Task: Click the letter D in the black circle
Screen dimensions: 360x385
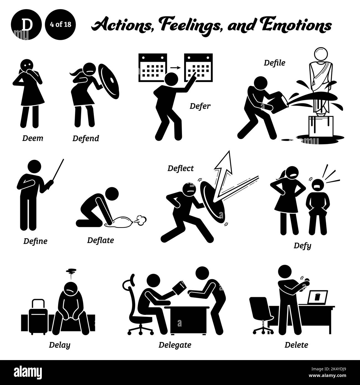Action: [x=26, y=25]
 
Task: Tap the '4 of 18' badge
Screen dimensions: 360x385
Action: [x=60, y=25]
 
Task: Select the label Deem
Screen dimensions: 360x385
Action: [x=33, y=138]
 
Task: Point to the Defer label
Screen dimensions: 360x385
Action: [x=200, y=106]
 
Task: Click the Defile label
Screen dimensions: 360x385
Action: [x=274, y=63]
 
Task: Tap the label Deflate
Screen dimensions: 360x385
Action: [x=101, y=240]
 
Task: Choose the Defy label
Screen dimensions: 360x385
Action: [x=302, y=246]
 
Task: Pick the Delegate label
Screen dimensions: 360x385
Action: [x=175, y=345]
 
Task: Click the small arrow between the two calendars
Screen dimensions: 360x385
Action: [x=175, y=68]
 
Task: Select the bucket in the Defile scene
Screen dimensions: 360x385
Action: [x=277, y=102]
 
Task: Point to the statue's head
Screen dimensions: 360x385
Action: [x=321, y=54]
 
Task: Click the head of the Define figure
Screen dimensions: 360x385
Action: [x=35, y=166]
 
